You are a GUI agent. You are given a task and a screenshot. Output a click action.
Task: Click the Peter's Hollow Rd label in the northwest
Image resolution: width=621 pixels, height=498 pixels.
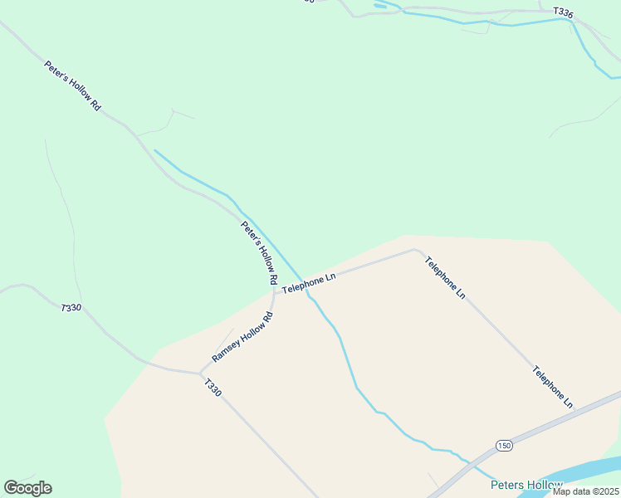click(x=72, y=85)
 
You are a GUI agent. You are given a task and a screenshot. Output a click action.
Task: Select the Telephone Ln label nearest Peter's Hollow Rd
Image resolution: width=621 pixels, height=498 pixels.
click(x=308, y=282)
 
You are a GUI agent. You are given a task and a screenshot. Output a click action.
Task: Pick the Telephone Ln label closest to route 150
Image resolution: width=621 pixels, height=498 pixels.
click(x=553, y=387)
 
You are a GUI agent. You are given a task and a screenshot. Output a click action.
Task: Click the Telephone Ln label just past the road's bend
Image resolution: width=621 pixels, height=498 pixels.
click(x=444, y=278)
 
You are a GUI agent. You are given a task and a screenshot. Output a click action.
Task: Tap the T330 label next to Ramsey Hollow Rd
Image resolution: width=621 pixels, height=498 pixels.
click(x=213, y=388)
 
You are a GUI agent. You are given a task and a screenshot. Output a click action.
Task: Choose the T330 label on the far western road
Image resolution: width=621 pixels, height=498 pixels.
click(x=71, y=307)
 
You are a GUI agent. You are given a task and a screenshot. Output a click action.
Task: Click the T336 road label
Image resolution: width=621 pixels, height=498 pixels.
click(x=562, y=12)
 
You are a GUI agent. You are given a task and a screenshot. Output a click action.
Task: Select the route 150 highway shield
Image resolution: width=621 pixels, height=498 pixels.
click(x=504, y=446)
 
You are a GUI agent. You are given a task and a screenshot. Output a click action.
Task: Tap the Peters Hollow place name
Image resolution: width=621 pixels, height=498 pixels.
click(x=526, y=485)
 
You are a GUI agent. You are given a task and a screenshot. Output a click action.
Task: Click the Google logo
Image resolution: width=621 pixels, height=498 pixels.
click(x=27, y=487)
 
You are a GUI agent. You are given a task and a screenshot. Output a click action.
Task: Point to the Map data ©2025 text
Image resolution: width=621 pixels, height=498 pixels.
click(x=585, y=491)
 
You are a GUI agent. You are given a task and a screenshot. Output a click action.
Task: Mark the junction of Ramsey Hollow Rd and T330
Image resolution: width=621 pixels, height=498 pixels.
click(x=200, y=373)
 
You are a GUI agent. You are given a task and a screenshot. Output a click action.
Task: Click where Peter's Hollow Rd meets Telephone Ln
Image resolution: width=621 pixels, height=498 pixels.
click(x=275, y=291)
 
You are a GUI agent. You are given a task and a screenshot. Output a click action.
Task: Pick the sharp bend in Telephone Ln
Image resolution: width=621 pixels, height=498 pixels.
click(x=414, y=249)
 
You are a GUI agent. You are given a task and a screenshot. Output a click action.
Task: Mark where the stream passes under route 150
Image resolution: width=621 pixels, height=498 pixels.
click(x=471, y=463)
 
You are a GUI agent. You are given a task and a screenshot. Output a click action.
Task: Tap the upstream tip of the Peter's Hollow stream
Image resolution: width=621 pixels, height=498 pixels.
click(x=155, y=151)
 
